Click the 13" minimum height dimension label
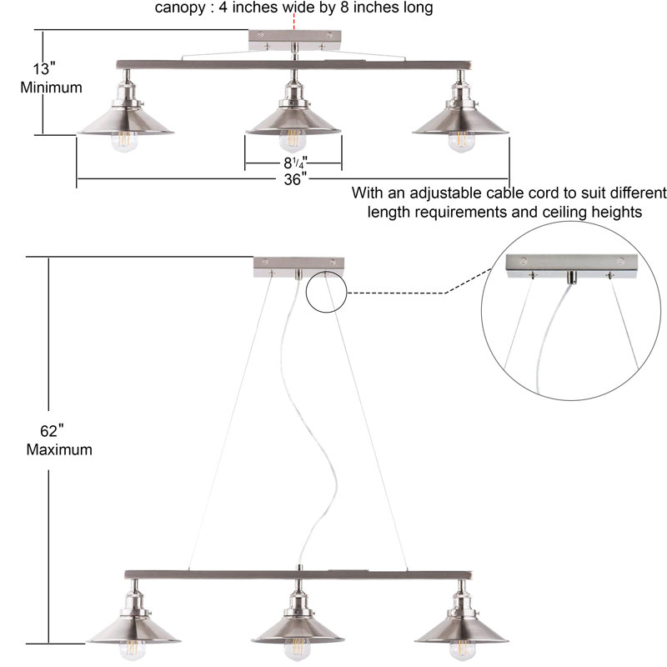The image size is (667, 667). click(51, 78)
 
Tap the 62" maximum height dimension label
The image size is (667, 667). click(59, 440)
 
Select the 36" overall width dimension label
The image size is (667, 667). click(295, 179)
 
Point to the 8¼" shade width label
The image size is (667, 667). click(295, 163)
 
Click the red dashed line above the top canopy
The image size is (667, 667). click(294, 22)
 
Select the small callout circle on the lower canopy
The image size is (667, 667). click(326, 293)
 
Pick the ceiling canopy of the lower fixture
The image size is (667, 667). click(299, 267)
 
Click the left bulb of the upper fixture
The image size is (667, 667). click(124, 142)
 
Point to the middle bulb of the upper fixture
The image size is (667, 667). click(293, 141)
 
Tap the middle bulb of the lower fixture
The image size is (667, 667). click(298, 650)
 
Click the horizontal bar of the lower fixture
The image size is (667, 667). click(298, 574)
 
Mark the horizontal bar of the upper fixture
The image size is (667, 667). click(295, 65)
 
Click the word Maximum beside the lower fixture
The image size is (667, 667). click(59, 449)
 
